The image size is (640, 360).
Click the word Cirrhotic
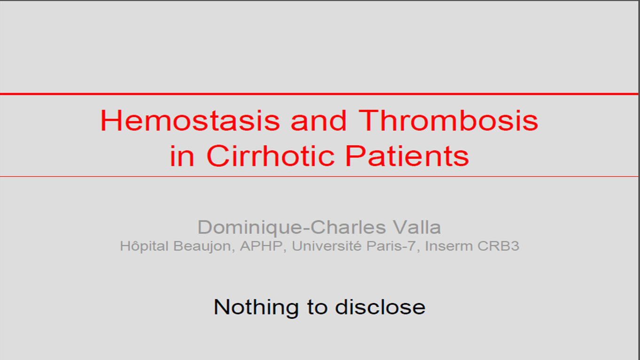click(270, 156)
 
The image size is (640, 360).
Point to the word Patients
click(407, 156)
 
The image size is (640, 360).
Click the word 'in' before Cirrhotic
click(182, 156)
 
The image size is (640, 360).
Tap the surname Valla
click(417, 227)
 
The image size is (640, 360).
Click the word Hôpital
click(144, 246)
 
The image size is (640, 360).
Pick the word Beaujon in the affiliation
click(204, 246)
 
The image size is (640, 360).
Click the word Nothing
click(256, 307)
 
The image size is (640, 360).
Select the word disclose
click(380, 307)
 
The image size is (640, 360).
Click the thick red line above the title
click(319, 94)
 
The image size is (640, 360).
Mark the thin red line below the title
click(319, 177)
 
